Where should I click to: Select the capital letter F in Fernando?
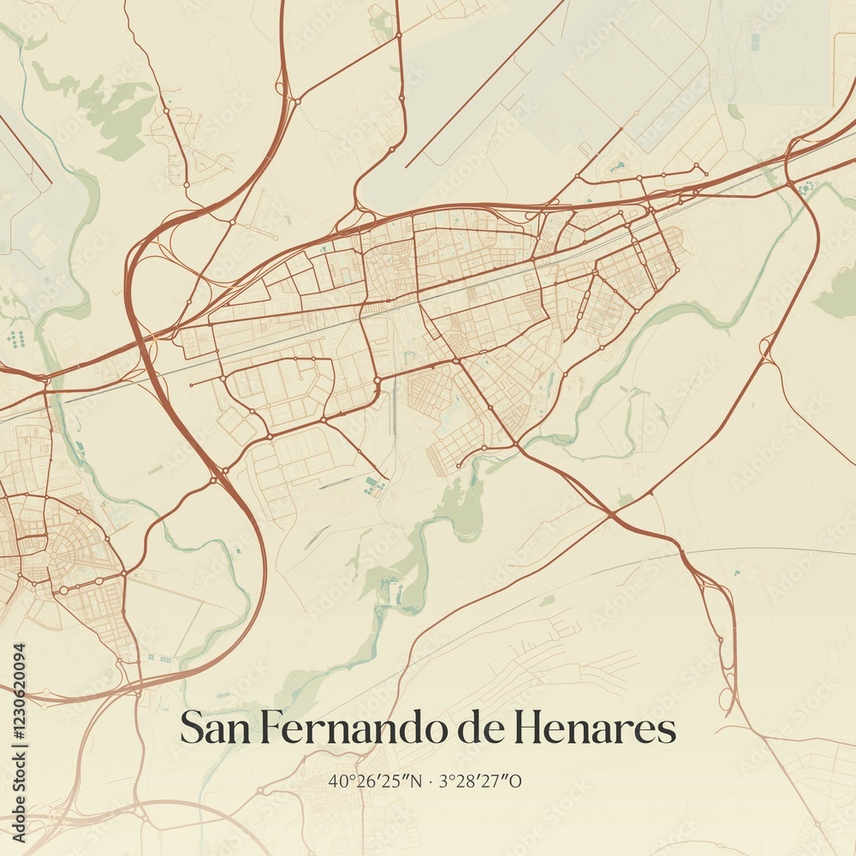268,728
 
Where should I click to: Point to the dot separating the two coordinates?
431,782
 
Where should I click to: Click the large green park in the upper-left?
116,116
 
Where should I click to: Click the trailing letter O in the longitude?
515,781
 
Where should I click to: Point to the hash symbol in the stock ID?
19,737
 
